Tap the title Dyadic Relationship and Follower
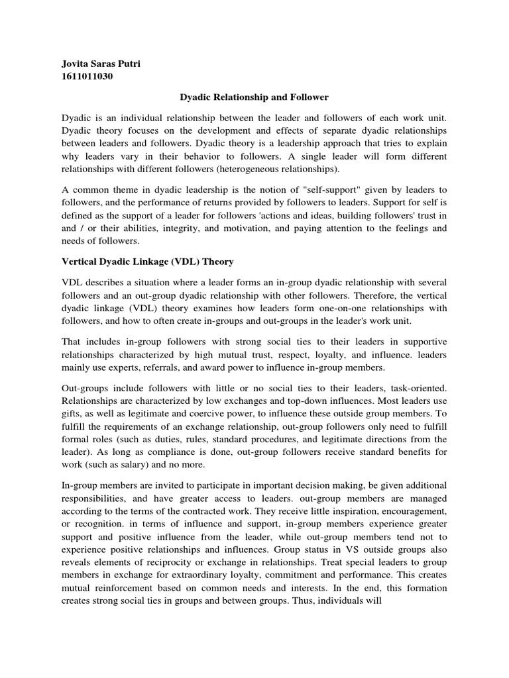click(254, 97)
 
